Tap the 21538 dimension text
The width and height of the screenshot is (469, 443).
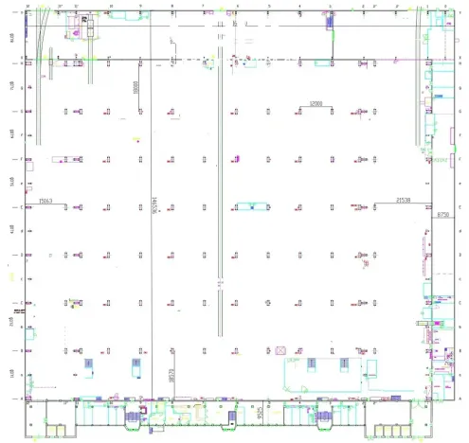tap(403, 200)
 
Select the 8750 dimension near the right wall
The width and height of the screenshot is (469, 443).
tap(442, 216)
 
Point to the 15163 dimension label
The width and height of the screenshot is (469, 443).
tap(45, 200)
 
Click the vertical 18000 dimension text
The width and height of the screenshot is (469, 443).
tap(135, 89)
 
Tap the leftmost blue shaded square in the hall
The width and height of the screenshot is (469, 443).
tap(89, 363)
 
